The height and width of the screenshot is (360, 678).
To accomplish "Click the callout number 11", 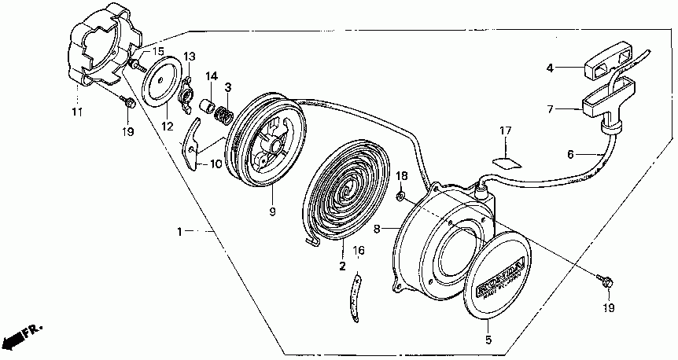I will (x=77, y=112).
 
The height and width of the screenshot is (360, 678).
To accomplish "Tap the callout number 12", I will (x=167, y=126).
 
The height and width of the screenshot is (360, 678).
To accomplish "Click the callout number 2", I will (x=342, y=266).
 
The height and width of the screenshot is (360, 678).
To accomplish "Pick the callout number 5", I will (x=488, y=340).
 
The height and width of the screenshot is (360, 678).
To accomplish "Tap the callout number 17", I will (x=505, y=130).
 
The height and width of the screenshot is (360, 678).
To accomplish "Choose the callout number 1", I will (x=180, y=232).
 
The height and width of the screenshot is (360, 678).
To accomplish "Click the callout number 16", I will (x=359, y=251).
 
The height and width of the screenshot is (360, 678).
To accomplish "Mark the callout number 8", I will (x=376, y=230).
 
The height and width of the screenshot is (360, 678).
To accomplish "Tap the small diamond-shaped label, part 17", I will (x=506, y=160).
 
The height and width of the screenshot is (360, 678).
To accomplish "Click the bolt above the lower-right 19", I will (x=606, y=278).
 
